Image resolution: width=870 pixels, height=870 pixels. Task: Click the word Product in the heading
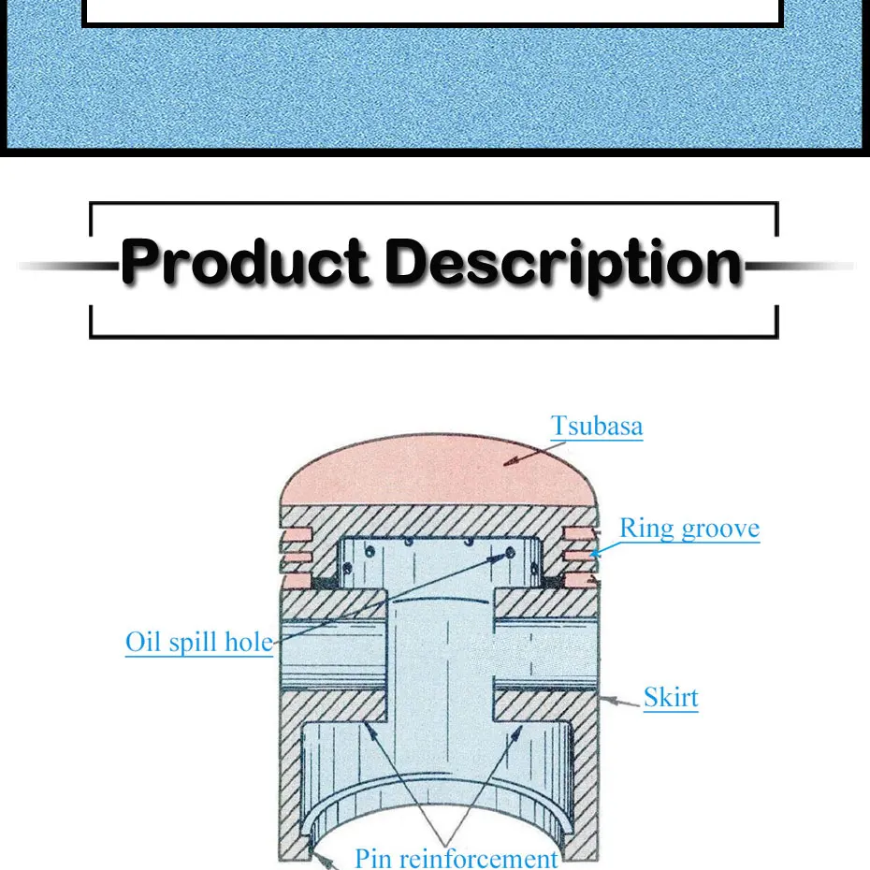coord(244,264)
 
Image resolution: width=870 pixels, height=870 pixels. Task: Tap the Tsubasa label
coord(597,427)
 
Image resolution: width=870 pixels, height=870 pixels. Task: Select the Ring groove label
coord(689,529)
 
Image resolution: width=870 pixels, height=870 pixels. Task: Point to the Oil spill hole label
coord(199,643)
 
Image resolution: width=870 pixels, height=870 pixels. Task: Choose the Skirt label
coord(671,697)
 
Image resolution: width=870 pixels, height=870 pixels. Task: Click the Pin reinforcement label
coord(457,858)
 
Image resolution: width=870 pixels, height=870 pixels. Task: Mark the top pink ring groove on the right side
coord(578,533)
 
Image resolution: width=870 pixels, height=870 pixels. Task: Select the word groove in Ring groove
coord(721,529)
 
